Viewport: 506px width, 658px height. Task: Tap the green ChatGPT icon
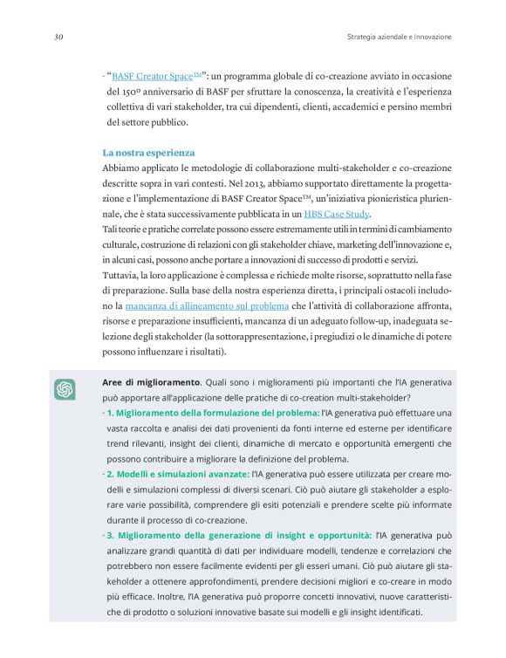[65, 390]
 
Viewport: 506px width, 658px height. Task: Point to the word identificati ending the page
[398, 612]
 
